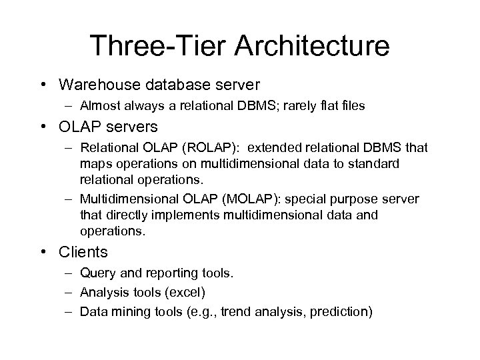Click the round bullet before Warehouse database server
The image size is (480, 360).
(45, 85)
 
